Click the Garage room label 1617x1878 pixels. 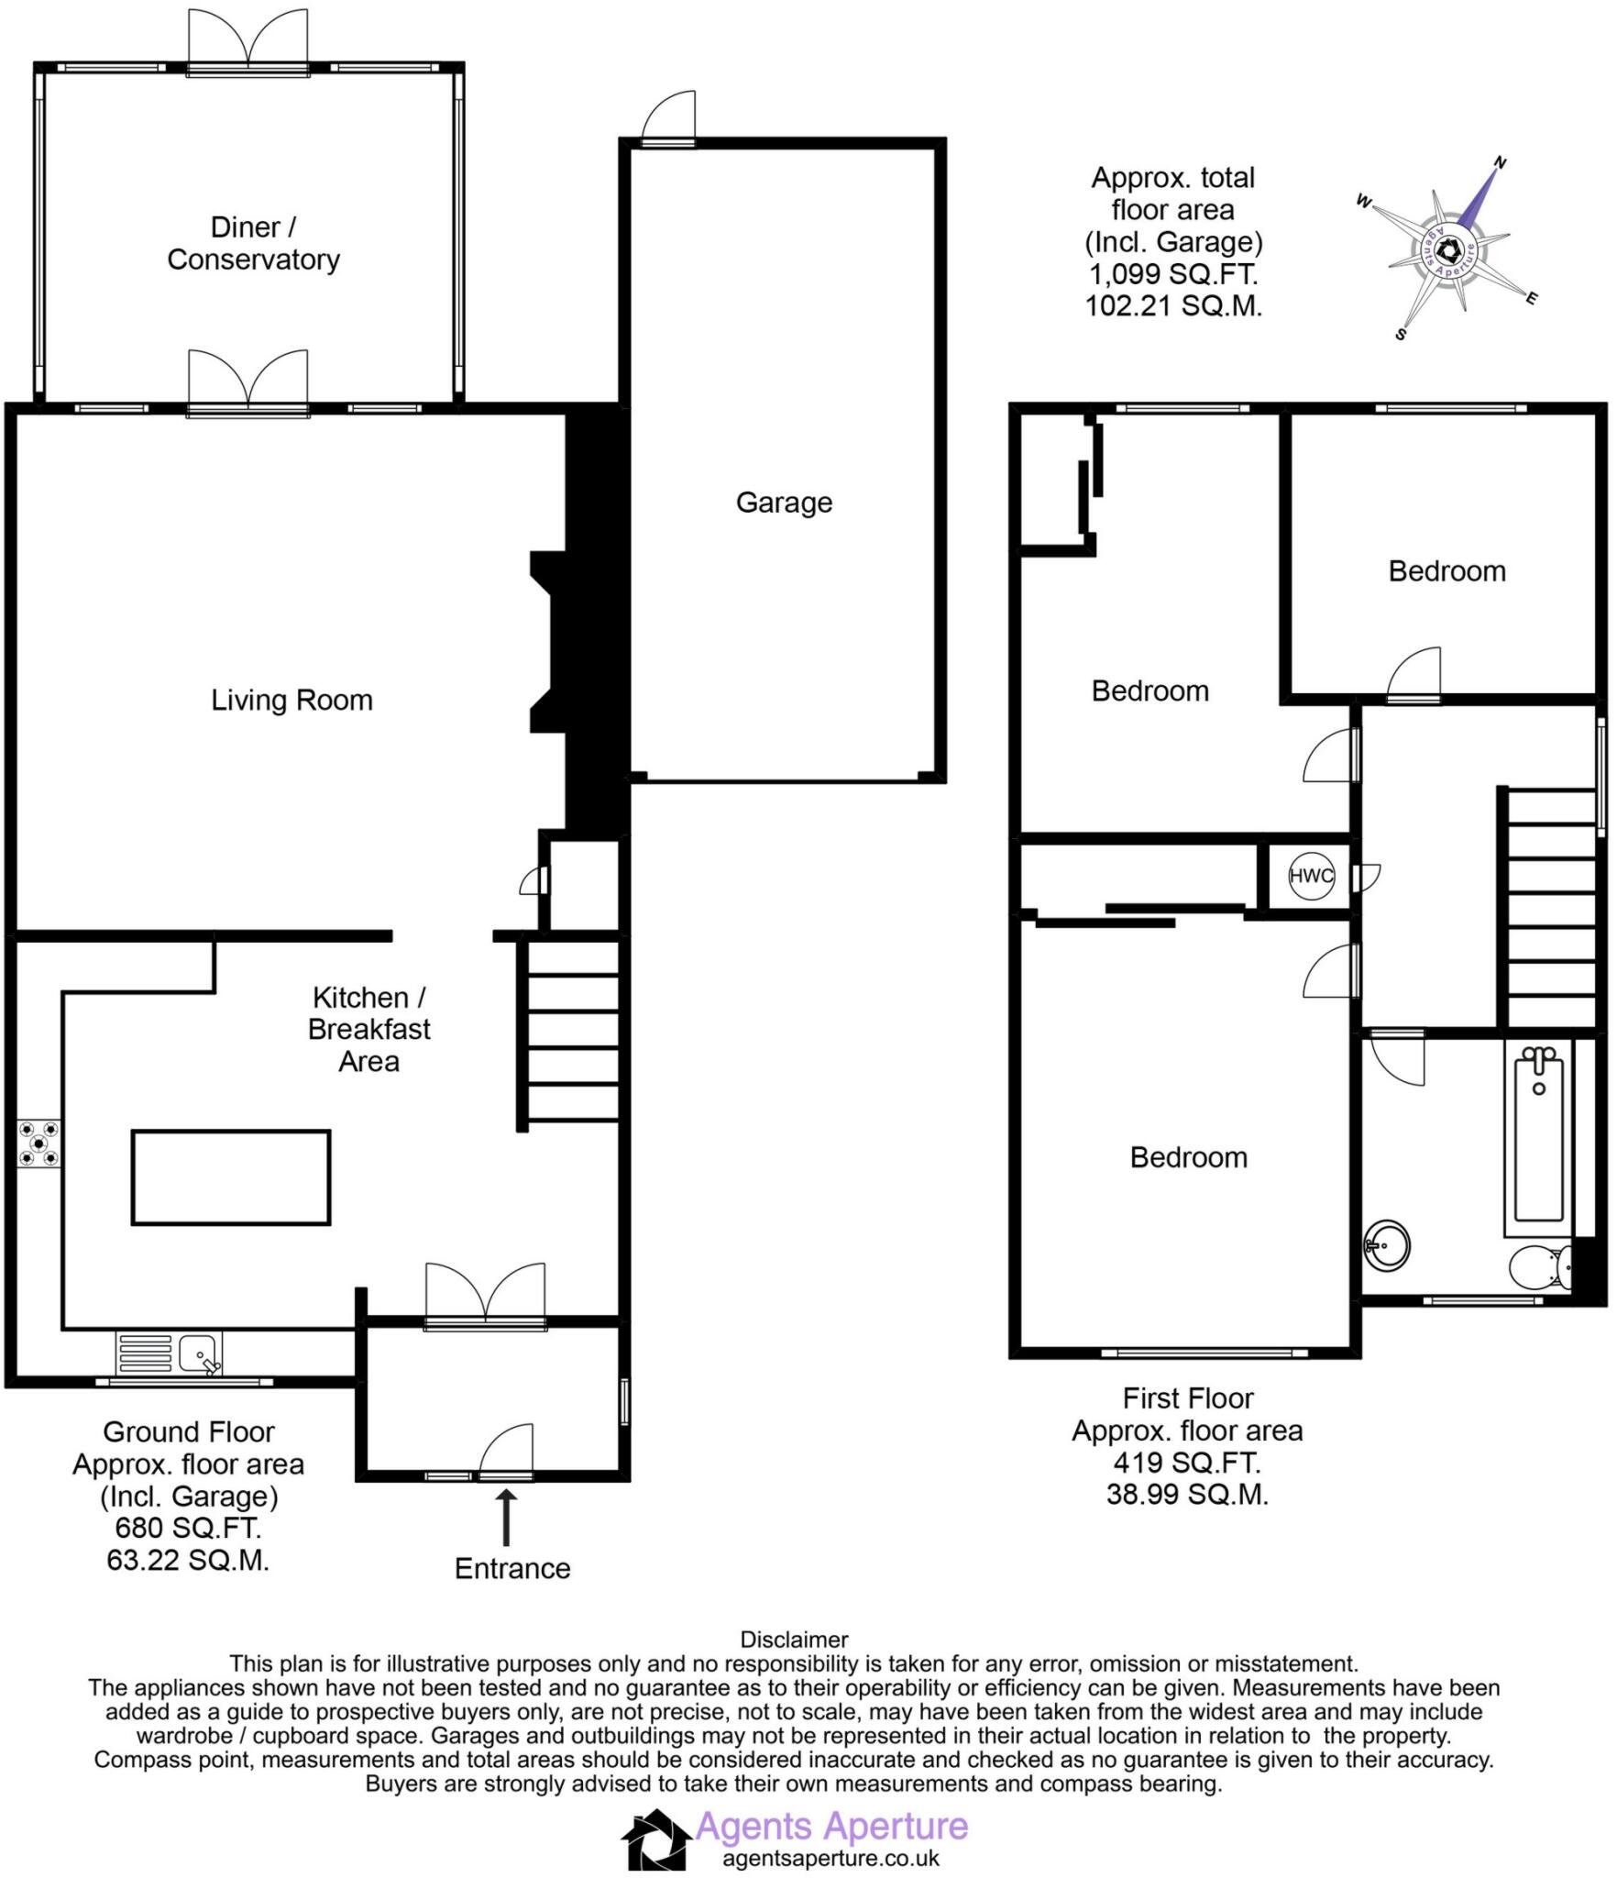pyautogui.click(x=784, y=503)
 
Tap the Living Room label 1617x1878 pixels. pyautogui.click(x=291, y=701)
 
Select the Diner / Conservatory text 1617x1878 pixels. pyautogui.click(x=253, y=243)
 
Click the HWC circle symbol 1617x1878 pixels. pyautogui.click(x=1311, y=876)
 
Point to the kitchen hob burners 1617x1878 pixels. pyautogui.click(x=39, y=1144)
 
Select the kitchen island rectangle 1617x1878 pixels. pyautogui.click(x=231, y=1177)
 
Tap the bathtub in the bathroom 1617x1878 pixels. pyautogui.click(x=1538, y=1142)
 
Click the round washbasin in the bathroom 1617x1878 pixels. pyautogui.click(x=1386, y=1244)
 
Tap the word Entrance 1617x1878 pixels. pyautogui.click(x=512, y=1568)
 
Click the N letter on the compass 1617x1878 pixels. pyautogui.click(x=1500, y=163)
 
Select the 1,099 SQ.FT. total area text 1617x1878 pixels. pyautogui.click(x=1173, y=274)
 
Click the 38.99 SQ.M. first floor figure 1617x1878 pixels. pyautogui.click(x=1187, y=1495)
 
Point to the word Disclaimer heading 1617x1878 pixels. pyautogui.click(x=794, y=1640)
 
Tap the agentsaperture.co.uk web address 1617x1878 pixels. pyautogui.click(x=830, y=1859)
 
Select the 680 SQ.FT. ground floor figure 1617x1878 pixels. pyautogui.click(x=188, y=1528)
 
